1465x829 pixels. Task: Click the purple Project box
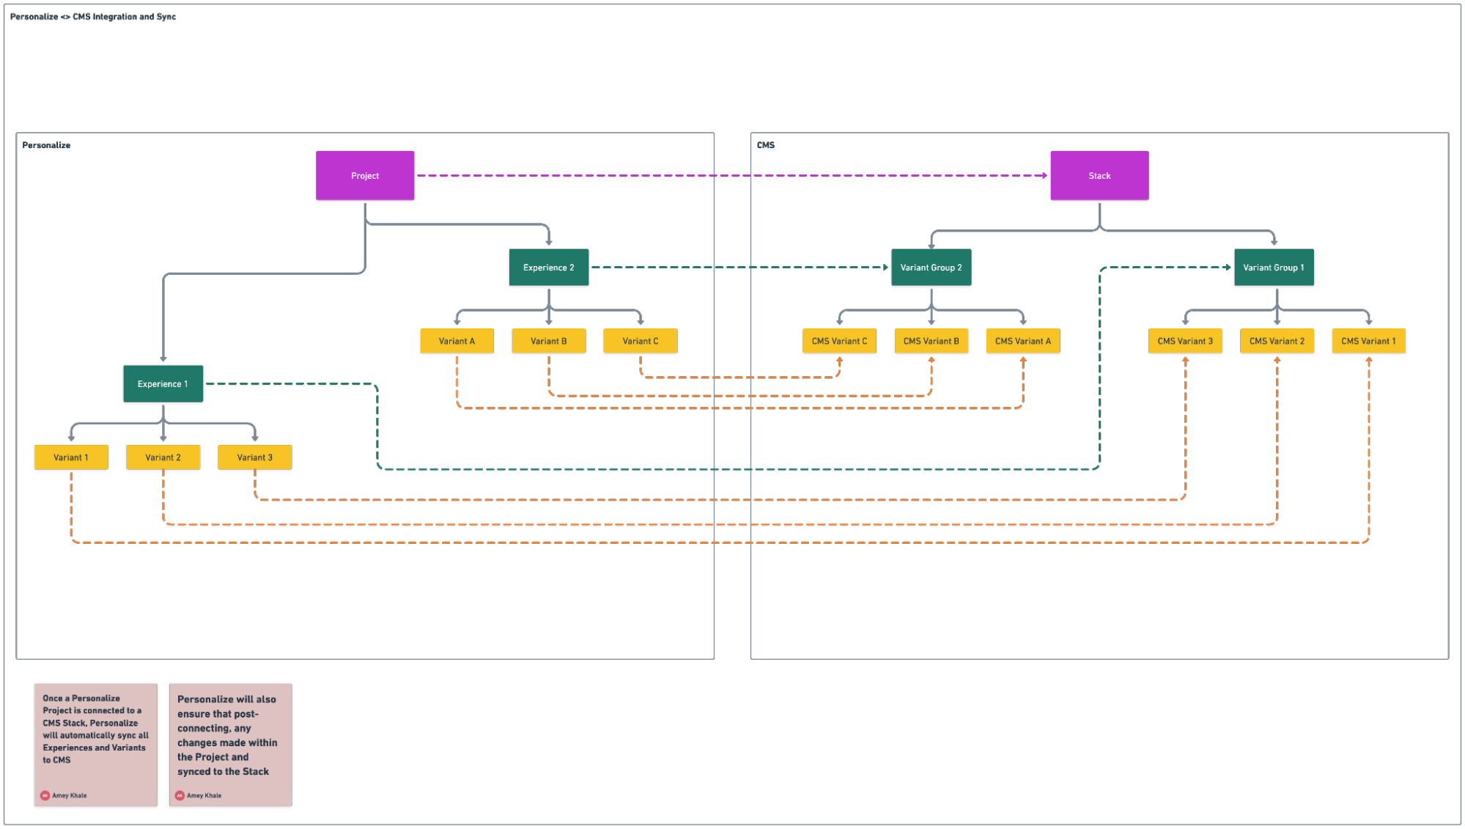pyautogui.click(x=365, y=176)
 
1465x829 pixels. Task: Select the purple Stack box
pyautogui.click(x=1099, y=176)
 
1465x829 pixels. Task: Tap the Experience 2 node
pyautogui.click(x=548, y=268)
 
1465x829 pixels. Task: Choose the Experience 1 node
pyautogui.click(x=163, y=383)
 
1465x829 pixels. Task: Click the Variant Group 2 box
pyautogui.click(x=931, y=268)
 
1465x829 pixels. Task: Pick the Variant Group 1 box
pyautogui.click(x=1274, y=268)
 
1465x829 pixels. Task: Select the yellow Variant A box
pyautogui.click(x=457, y=341)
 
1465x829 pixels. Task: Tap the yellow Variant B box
pyautogui.click(x=548, y=341)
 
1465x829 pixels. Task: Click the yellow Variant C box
pyautogui.click(x=640, y=341)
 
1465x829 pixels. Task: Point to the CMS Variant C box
pyautogui.click(x=839, y=341)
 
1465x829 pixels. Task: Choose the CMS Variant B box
pyautogui.click(x=931, y=341)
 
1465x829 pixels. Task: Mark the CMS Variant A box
pyautogui.click(x=1022, y=341)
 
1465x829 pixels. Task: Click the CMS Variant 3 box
pyautogui.click(x=1185, y=341)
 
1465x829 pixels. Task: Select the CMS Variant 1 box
pyautogui.click(x=1368, y=341)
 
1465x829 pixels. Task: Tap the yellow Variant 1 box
pyautogui.click(x=71, y=457)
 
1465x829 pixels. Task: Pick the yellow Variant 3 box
pyautogui.click(x=254, y=457)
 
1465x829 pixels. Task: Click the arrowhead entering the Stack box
pyautogui.click(x=1044, y=176)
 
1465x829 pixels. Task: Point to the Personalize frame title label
pyautogui.click(x=46, y=145)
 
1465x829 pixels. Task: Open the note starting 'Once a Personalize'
pyautogui.click(x=95, y=744)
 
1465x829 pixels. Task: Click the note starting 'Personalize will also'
pyautogui.click(x=230, y=744)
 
